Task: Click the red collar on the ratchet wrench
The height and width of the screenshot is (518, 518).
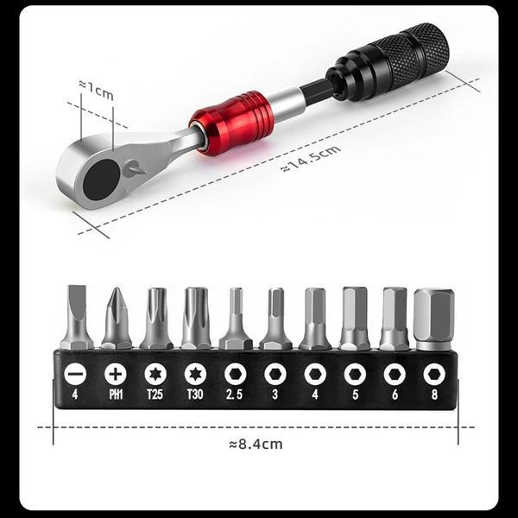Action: pyautogui.click(x=232, y=123)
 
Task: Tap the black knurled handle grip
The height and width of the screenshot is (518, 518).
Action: pyautogui.click(x=388, y=62)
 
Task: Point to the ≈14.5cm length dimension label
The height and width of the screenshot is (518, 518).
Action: pyautogui.click(x=311, y=158)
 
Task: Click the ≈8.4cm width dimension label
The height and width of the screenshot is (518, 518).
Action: pyautogui.click(x=256, y=445)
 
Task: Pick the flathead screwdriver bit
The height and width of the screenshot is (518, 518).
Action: pyautogui.click(x=76, y=317)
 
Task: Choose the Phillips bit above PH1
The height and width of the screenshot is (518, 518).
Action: pyautogui.click(x=117, y=319)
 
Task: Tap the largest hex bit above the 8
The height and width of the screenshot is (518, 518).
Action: pyautogui.click(x=433, y=319)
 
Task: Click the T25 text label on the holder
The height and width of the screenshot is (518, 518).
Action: pyautogui.click(x=155, y=395)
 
